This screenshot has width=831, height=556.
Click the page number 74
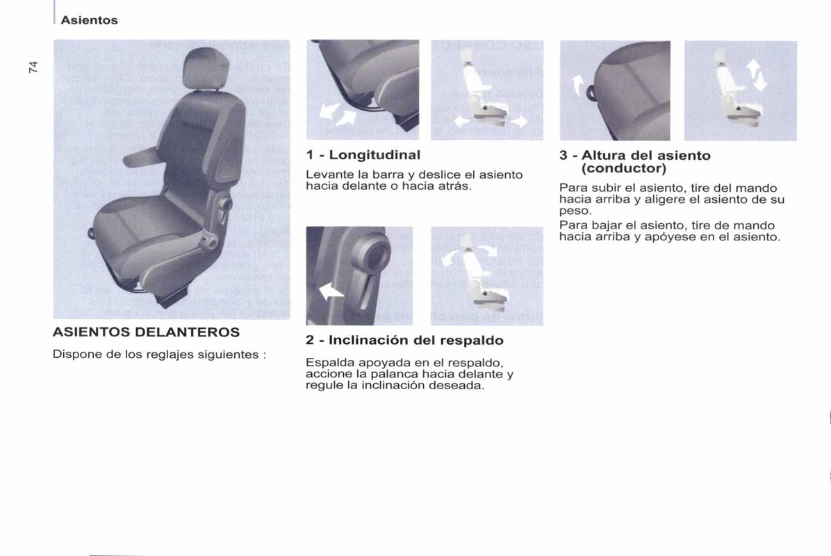tap(33, 67)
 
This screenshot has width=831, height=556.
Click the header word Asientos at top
tap(89, 20)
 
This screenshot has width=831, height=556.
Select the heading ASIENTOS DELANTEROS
tap(146, 332)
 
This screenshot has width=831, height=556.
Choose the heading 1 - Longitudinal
tap(363, 155)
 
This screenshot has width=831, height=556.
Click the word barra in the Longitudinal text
tap(385, 174)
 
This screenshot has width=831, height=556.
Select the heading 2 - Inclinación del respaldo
tap(404, 341)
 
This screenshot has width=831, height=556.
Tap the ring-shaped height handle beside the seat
tap(589, 91)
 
